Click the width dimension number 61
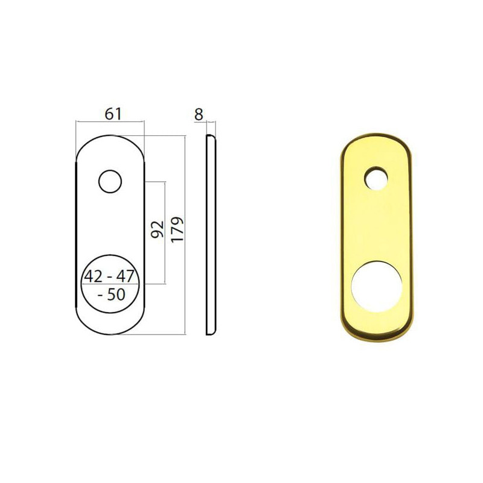pyautogui.click(x=114, y=113)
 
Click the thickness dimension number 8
pyautogui.click(x=199, y=113)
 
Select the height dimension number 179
pyautogui.click(x=177, y=229)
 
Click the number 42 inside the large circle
pyautogui.click(x=93, y=277)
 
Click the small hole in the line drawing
pyautogui.click(x=110, y=181)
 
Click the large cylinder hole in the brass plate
pyautogui.click(x=377, y=286)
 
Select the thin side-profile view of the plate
pyautogui.click(x=211, y=235)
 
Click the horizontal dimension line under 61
pyautogui.click(x=110, y=123)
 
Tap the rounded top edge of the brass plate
pyautogui.click(x=377, y=136)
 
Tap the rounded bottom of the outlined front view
pyautogui.click(x=110, y=333)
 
